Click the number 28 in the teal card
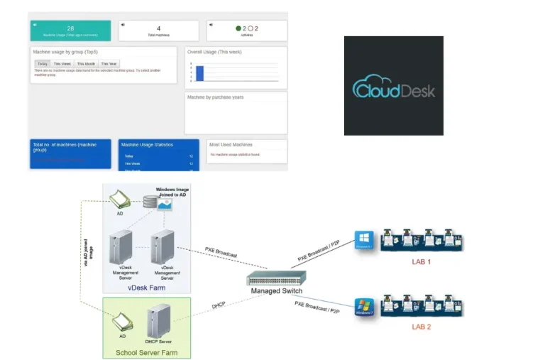[70, 28]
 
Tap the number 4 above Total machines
[158, 28]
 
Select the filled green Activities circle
[238, 28]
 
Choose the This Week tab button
[62, 64]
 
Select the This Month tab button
[86, 64]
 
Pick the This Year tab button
[109, 64]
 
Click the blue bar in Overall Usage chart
[199, 73]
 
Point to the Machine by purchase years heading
[215, 97]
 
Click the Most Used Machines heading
[231, 144]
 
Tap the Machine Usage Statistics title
[148, 144]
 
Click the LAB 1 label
[422, 262]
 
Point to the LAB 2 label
[422, 327]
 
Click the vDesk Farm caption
[148, 288]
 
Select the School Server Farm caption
[147, 352]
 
